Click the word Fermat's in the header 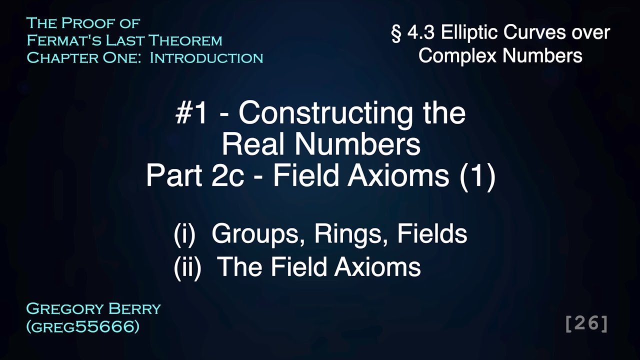click(x=57, y=40)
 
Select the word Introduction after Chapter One click(x=206, y=58)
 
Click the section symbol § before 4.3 click(x=396, y=33)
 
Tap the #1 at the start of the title click(x=191, y=114)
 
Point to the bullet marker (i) click(x=184, y=234)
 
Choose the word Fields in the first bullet click(x=432, y=234)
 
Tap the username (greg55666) click(x=82, y=327)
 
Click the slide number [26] click(x=586, y=323)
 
